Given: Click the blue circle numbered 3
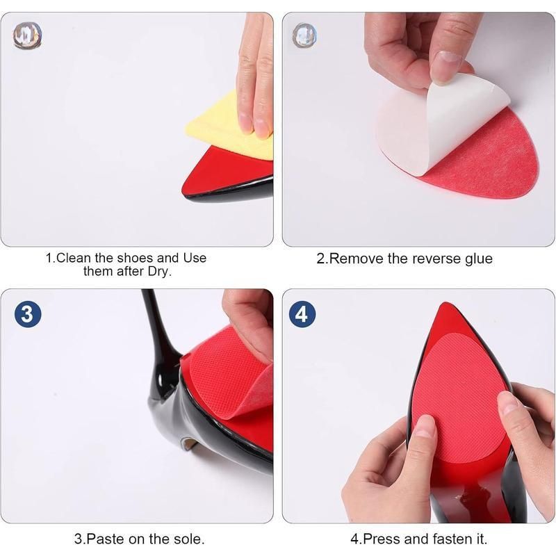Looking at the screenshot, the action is click(x=28, y=314).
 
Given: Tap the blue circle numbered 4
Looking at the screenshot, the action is click(x=302, y=314).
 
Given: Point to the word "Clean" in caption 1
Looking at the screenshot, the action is click(x=73, y=258).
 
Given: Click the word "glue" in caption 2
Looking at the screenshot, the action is click(x=478, y=259).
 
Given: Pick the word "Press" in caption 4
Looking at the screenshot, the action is click(x=382, y=539).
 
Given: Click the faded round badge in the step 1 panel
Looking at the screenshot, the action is click(x=28, y=36).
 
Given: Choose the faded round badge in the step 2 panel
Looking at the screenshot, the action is click(x=304, y=36).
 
